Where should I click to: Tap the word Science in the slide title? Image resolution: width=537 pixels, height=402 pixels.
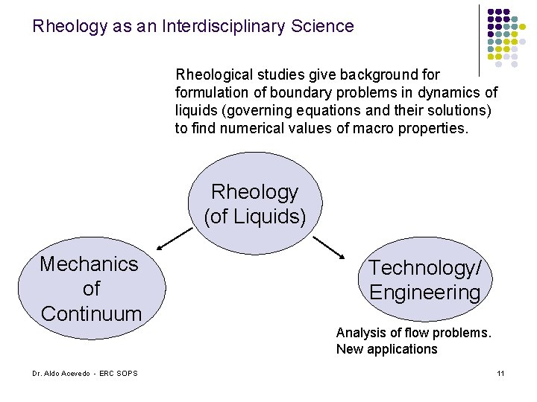324,27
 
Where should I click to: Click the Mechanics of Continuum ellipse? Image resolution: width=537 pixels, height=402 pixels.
90,288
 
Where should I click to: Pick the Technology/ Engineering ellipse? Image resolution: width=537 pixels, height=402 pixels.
425,279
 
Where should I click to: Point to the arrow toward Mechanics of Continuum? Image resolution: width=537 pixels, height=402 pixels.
175,237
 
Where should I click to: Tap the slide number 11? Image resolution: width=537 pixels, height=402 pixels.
501,373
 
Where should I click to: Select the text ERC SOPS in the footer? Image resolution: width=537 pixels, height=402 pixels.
122,373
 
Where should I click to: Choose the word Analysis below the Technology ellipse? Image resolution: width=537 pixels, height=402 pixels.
361,333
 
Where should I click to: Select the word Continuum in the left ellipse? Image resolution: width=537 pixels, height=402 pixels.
91,313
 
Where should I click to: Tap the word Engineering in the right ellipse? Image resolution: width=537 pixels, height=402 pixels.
425,292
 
